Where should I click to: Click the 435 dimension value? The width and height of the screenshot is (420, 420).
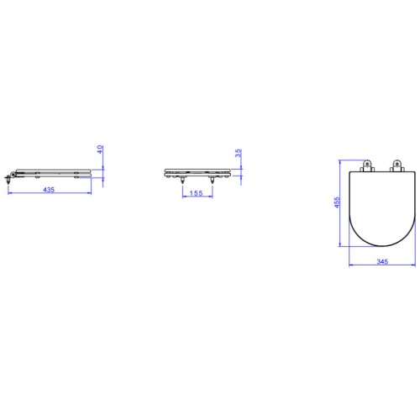[49, 190]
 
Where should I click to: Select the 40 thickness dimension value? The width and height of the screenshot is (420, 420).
[100, 150]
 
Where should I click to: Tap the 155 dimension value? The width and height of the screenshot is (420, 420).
[196, 193]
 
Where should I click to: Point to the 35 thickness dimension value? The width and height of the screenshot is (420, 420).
[238, 153]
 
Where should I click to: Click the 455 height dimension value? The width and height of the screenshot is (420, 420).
[337, 202]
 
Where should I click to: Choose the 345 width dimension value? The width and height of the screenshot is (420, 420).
[382, 261]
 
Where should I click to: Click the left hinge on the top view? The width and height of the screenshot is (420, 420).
[368, 165]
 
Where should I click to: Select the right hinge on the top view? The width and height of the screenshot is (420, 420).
[397, 165]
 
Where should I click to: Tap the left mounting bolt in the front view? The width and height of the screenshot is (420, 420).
[182, 181]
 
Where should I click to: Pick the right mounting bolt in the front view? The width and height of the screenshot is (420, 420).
[213, 181]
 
